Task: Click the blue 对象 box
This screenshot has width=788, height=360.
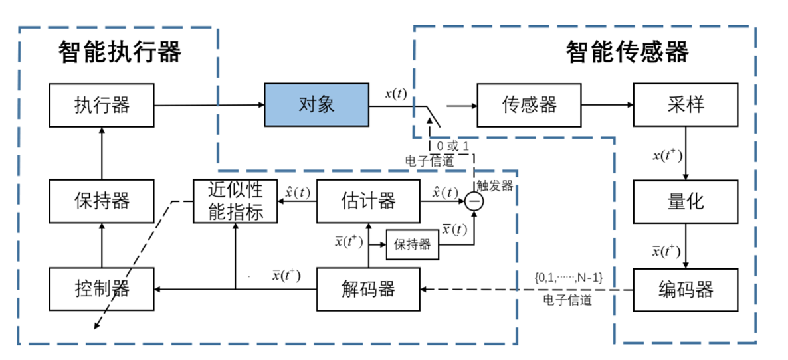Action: coord(316,105)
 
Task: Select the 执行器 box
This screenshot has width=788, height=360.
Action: coord(102,105)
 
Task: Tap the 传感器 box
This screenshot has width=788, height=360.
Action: coord(530,105)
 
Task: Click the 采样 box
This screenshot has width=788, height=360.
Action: coord(686,105)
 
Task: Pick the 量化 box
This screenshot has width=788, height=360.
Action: coord(686,201)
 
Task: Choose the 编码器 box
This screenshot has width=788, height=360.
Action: coord(686,290)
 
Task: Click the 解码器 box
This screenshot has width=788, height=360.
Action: coord(368,290)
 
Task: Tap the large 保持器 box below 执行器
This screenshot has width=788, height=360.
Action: coord(102,201)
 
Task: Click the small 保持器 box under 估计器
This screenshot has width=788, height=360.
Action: coord(412,244)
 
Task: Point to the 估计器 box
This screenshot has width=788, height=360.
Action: coord(368,201)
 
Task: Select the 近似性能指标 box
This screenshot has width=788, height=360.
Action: coord(235,201)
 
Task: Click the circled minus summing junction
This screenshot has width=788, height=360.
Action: coord(474,201)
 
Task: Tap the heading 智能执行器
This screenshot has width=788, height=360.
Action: coord(120,52)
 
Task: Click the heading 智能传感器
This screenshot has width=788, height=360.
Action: coord(627,52)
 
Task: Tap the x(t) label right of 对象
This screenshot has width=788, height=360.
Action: coord(397,94)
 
